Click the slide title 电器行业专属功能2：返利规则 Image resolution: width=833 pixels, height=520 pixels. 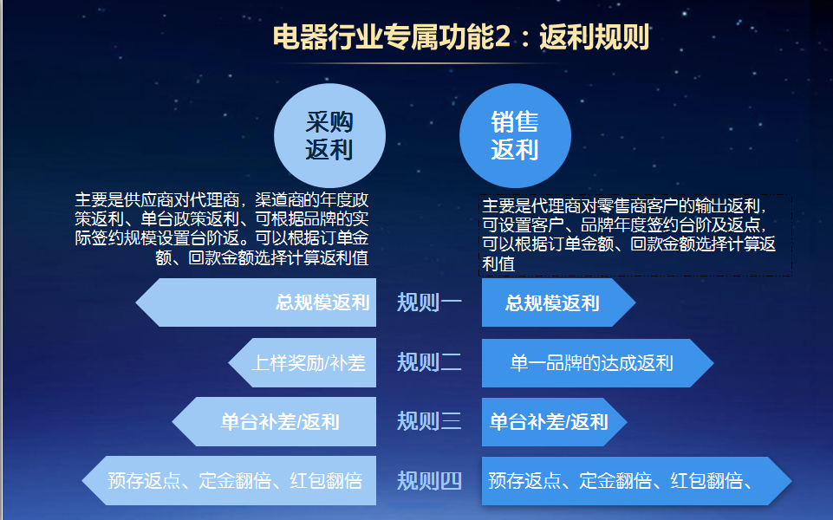(x=461, y=37)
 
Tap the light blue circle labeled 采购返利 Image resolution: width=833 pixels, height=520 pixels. (x=329, y=135)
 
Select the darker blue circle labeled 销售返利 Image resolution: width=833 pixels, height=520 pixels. (x=515, y=135)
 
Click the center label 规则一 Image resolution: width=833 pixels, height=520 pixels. (x=429, y=302)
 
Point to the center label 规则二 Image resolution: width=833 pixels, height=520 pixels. (x=429, y=362)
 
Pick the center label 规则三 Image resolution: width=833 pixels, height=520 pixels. (x=429, y=421)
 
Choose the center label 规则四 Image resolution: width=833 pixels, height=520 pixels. (x=429, y=481)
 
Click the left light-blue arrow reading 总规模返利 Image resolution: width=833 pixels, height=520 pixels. (x=256, y=302)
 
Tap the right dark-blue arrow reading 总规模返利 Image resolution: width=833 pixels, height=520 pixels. (x=558, y=302)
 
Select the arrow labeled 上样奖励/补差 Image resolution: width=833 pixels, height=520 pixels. (x=302, y=363)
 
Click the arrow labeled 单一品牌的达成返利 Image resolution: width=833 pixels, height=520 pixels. (x=597, y=363)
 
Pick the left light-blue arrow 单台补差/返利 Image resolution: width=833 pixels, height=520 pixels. (x=274, y=422)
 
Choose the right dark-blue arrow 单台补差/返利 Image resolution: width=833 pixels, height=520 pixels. (x=554, y=422)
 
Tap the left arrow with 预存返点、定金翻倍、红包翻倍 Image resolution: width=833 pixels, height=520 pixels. (x=229, y=481)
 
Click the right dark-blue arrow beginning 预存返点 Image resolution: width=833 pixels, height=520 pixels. (x=636, y=481)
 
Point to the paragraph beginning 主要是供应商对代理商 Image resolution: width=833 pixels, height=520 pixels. (x=222, y=229)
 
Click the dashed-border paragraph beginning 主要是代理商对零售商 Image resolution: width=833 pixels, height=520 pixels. (x=635, y=235)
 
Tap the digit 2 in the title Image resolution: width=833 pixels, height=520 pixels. (x=503, y=38)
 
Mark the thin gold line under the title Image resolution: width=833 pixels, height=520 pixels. (x=420, y=63)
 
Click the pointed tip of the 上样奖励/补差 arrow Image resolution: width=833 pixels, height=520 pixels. (x=229, y=363)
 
